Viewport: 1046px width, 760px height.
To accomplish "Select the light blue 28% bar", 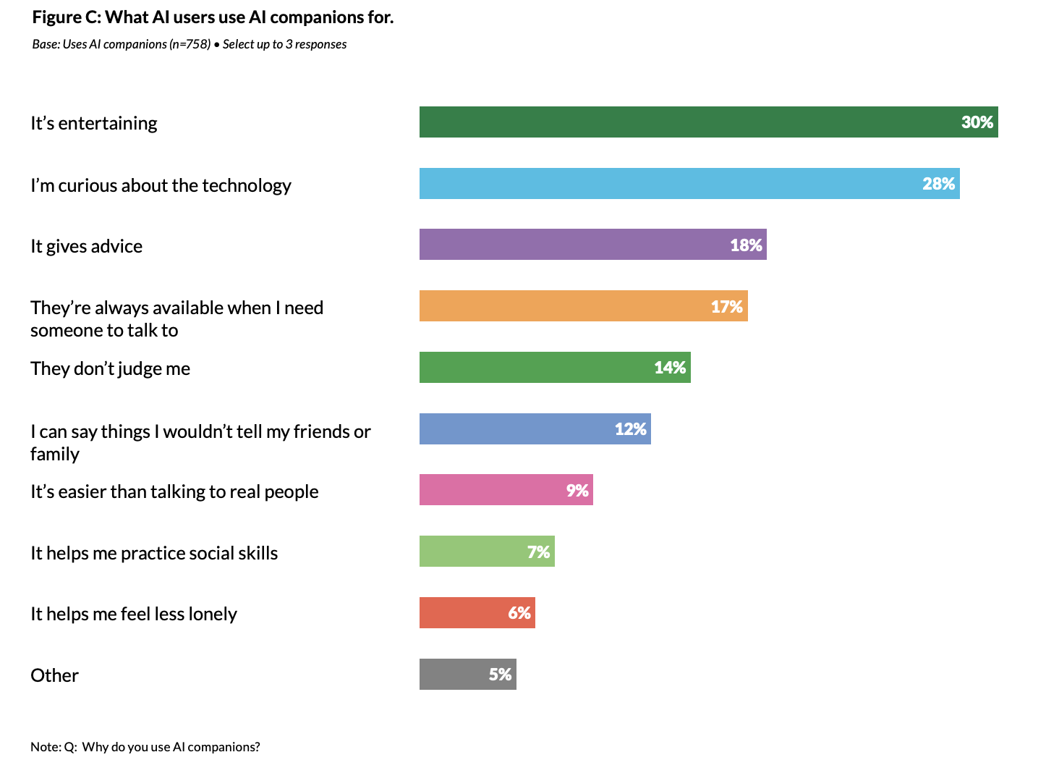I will [666, 184].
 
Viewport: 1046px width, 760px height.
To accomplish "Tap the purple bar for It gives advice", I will [571, 245].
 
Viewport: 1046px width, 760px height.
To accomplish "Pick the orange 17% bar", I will [564, 306].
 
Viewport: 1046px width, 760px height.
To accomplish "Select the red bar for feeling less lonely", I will [463, 613].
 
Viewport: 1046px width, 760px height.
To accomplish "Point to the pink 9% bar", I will [492, 490].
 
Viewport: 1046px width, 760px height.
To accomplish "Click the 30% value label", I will [977, 122].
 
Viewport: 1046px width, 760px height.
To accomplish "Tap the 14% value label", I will [670, 368].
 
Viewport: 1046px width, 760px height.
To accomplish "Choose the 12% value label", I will [630, 429].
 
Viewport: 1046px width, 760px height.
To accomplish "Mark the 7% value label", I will [538, 552].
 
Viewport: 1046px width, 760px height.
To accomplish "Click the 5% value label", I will [500, 675].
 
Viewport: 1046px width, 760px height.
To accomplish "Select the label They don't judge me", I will [110, 368].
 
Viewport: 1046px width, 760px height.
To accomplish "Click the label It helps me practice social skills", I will [154, 553].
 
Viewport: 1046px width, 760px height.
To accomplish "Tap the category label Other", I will [54, 675].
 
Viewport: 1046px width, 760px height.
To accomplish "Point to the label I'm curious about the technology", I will [161, 185].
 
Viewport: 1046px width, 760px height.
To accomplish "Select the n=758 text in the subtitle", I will [190, 44].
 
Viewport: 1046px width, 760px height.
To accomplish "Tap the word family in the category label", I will [55, 454].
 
